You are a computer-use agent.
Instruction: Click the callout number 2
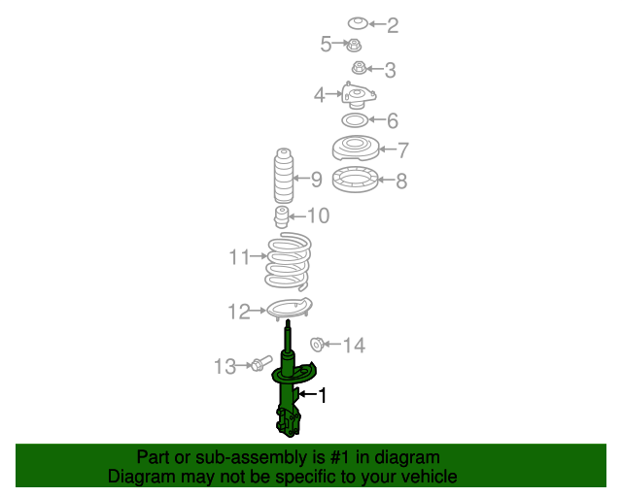(393, 25)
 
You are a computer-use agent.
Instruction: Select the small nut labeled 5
(355, 44)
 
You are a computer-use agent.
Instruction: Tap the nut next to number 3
(359, 68)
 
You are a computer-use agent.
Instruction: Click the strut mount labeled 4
(358, 98)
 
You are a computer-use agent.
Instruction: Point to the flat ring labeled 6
(355, 121)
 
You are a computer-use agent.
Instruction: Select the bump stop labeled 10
(281, 216)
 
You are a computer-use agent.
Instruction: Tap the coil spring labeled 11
(288, 262)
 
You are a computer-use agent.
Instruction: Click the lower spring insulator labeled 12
(289, 311)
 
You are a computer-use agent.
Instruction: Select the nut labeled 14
(317, 345)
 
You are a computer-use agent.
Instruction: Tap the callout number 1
(323, 395)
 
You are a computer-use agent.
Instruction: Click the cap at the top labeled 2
(357, 22)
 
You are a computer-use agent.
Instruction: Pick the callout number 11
(239, 257)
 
